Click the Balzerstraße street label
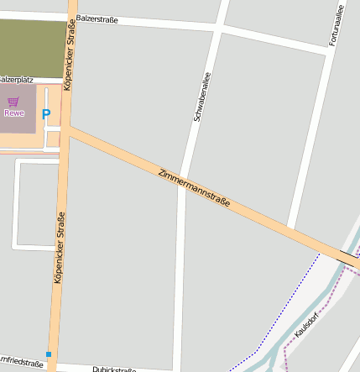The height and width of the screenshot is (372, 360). point(97,18)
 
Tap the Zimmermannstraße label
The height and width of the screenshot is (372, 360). point(194,190)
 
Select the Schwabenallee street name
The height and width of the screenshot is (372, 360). point(201,97)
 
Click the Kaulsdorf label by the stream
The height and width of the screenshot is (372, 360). point(310,325)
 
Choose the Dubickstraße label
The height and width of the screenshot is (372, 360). point(114,368)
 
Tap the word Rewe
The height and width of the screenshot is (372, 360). point(14,113)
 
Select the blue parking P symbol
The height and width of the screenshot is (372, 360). point(46,113)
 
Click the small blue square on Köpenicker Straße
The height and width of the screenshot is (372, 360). point(49,354)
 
